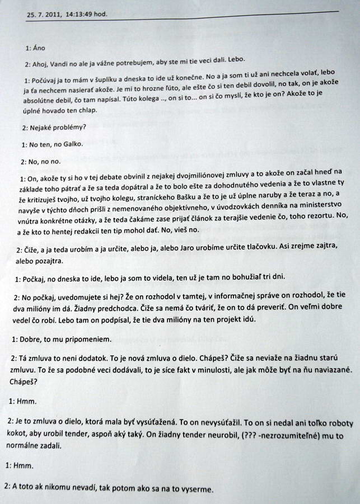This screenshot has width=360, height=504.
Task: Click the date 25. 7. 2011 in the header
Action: pos(43,15)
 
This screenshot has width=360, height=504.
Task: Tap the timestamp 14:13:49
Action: pos(83,15)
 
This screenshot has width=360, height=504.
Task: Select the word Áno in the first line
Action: pos(40,48)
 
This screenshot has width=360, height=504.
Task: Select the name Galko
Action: pos(72,144)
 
